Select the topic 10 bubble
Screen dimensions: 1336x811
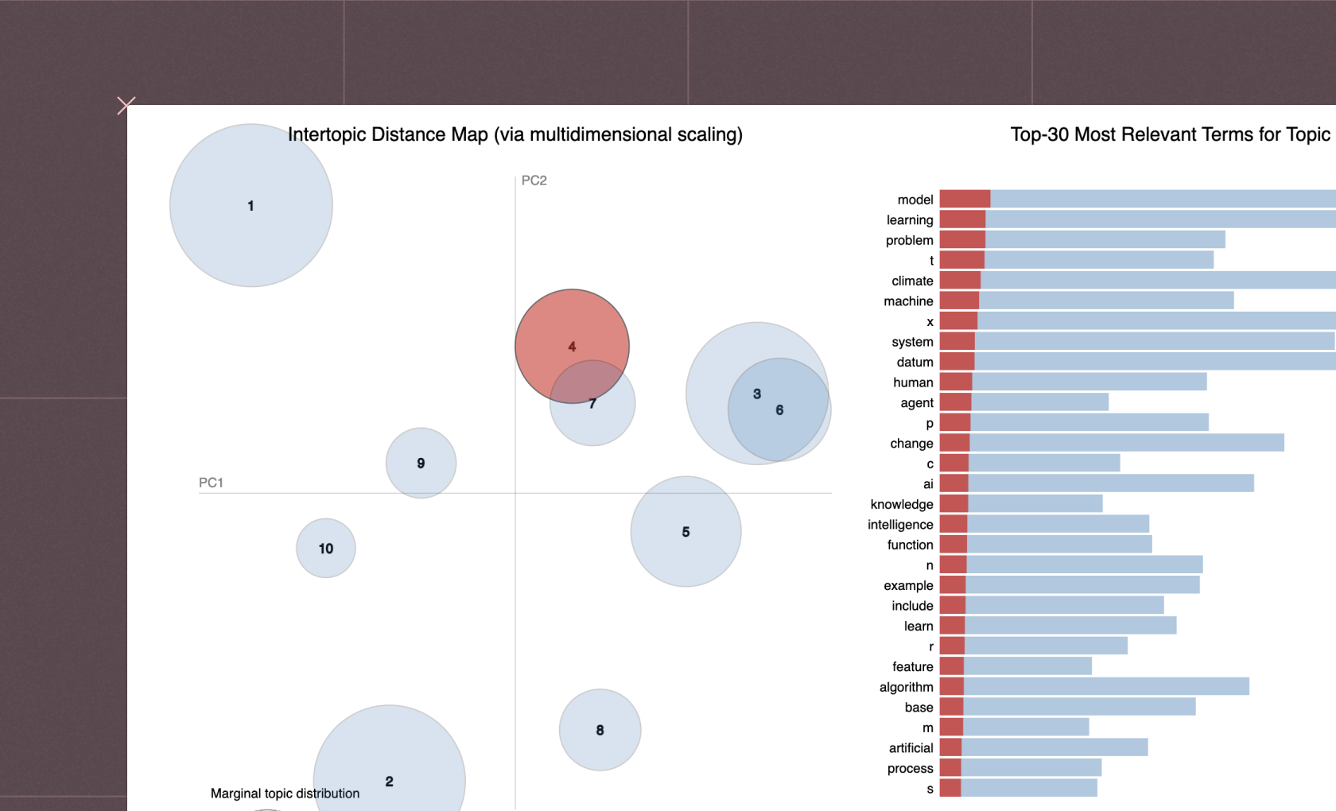coord(326,548)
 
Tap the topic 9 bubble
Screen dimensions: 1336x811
coord(421,463)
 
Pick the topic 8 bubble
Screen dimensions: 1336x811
coord(600,730)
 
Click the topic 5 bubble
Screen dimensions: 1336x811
coord(685,531)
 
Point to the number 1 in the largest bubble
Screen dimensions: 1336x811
coord(250,206)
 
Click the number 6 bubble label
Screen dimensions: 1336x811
coord(779,410)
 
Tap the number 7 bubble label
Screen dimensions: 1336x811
coord(592,404)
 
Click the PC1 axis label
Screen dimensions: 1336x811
coord(211,483)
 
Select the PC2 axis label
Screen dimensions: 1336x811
coord(534,180)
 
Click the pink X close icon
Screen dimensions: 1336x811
coord(126,106)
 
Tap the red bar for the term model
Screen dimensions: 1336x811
coord(965,199)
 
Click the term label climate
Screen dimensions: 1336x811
coord(912,281)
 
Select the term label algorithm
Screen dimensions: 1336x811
coord(906,687)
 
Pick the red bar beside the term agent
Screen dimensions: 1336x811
coord(956,402)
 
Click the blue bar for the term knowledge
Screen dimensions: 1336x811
coord(1035,504)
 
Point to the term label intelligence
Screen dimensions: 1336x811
coord(900,525)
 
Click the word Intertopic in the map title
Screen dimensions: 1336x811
coord(327,134)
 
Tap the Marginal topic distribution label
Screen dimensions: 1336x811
coord(285,794)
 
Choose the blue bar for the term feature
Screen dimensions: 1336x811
coord(1027,666)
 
